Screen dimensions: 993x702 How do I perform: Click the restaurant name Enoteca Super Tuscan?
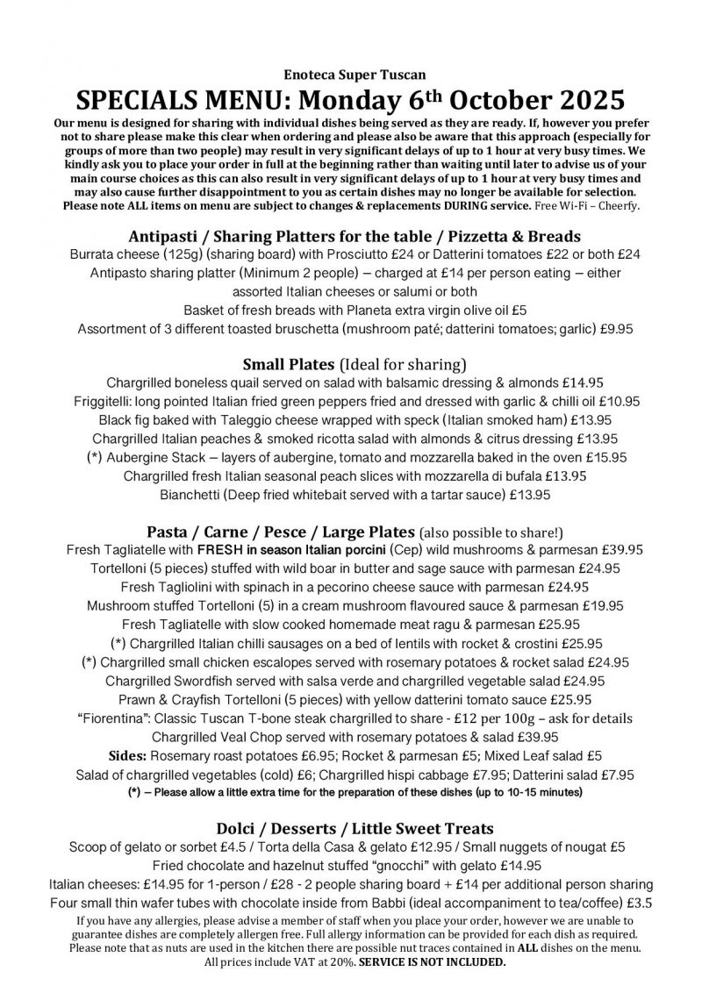point(351,77)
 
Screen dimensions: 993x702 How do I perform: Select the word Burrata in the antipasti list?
point(95,255)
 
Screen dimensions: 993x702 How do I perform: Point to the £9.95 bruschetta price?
point(607,329)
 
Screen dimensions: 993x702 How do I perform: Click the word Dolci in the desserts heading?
point(239,828)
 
